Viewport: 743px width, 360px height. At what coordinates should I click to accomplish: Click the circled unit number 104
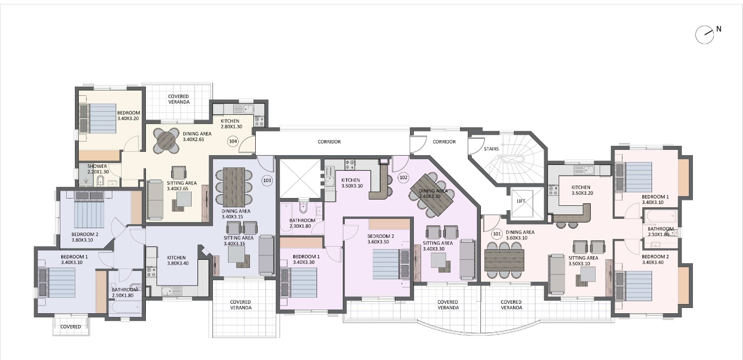pyautogui.click(x=233, y=142)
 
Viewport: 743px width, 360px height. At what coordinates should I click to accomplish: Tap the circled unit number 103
pyautogui.click(x=267, y=180)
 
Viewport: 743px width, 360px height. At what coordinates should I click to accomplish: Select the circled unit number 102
pyautogui.click(x=403, y=178)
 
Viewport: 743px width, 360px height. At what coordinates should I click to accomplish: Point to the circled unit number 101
pyautogui.click(x=496, y=234)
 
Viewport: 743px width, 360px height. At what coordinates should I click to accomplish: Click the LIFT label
pyautogui.click(x=521, y=201)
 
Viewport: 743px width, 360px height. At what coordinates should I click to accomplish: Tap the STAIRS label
pyautogui.click(x=491, y=149)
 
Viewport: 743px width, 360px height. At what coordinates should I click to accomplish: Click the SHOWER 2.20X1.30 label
pyautogui.click(x=98, y=169)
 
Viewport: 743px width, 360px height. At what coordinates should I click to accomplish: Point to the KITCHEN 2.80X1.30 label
pyautogui.click(x=231, y=124)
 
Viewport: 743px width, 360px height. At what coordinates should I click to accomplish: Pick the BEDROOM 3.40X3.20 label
pyautogui.click(x=128, y=115)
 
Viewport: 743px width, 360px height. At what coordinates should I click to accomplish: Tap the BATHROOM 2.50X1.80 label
pyautogui.click(x=124, y=293)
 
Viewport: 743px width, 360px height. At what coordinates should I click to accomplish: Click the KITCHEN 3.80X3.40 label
pyautogui.click(x=177, y=260)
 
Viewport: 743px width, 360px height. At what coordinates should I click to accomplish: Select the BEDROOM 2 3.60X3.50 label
pyautogui.click(x=380, y=239)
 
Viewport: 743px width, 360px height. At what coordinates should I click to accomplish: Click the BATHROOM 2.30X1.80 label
pyautogui.click(x=302, y=223)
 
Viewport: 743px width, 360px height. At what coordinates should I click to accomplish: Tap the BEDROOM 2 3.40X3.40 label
pyautogui.click(x=655, y=259)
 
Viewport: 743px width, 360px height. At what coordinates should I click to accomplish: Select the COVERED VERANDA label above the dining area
pyautogui.click(x=178, y=99)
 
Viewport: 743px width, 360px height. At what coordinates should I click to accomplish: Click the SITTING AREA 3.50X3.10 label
pyautogui.click(x=583, y=261)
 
